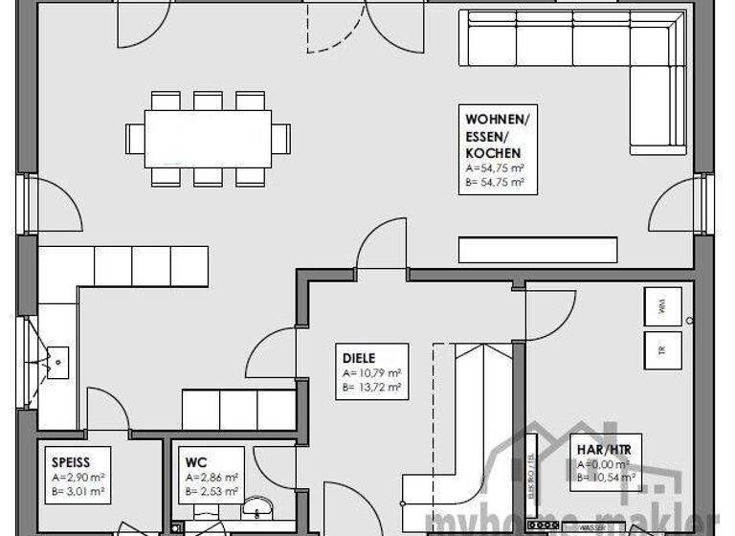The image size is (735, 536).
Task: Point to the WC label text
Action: (196, 462)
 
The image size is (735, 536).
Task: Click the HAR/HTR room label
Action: (605, 448)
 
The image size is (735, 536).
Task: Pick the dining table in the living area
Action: (208, 139)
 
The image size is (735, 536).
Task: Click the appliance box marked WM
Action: (660, 306)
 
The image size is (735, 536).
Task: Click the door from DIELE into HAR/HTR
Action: (550, 311)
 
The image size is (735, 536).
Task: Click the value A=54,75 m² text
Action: (495, 167)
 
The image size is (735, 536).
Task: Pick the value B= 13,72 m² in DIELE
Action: (371, 387)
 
